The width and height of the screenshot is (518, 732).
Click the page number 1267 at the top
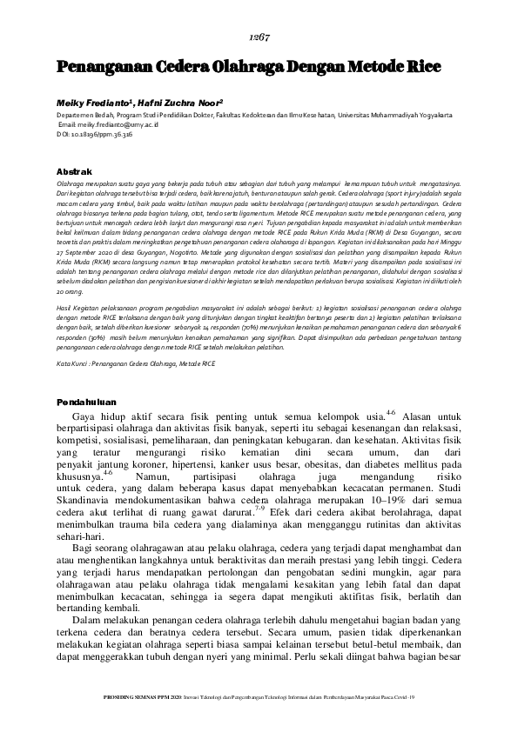point(258,37)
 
